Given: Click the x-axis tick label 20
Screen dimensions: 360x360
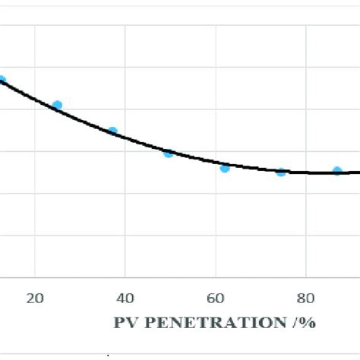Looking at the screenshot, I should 35,298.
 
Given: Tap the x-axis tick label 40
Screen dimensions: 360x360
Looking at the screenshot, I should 125,298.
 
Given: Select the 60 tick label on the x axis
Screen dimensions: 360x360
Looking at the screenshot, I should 216,298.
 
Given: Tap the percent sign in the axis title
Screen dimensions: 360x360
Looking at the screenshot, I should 308,322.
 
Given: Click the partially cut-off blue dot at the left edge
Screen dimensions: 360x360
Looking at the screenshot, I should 2,80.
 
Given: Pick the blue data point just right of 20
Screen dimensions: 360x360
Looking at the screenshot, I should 57,106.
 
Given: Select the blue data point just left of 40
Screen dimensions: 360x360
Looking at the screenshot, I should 113,131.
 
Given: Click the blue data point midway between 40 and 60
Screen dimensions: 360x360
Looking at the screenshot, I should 169,153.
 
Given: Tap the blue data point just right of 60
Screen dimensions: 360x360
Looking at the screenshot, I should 225,167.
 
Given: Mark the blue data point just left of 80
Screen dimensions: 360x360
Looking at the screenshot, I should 281,172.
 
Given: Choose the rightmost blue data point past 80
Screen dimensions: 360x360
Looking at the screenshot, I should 337,171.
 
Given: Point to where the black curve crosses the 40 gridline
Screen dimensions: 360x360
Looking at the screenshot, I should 125,138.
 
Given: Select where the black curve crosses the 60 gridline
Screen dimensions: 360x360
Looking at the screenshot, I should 216,163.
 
